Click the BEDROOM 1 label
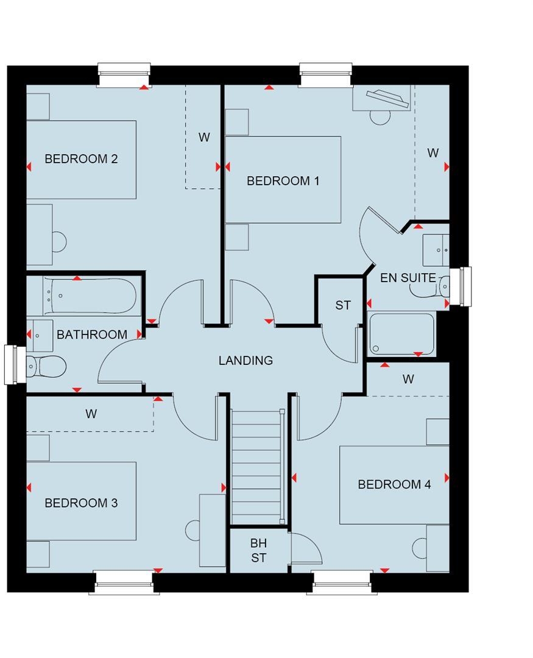(x=283, y=181)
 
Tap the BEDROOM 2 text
(x=81, y=159)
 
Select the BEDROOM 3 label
(x=81, y=503)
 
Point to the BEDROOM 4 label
(x=394, y=484)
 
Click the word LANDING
(x=245, y=361)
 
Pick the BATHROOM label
(x=92, y=334)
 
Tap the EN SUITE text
(x=408, y=278)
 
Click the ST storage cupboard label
(x=343, y=305)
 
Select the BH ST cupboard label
(x=259, y=550)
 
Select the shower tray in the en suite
(x=401, y=333)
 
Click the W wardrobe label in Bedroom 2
(x=204, y=138)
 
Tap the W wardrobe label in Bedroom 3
(x=91, y=414)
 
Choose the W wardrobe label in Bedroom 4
(x=408, y=379)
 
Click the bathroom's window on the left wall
(x=11, y=365)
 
